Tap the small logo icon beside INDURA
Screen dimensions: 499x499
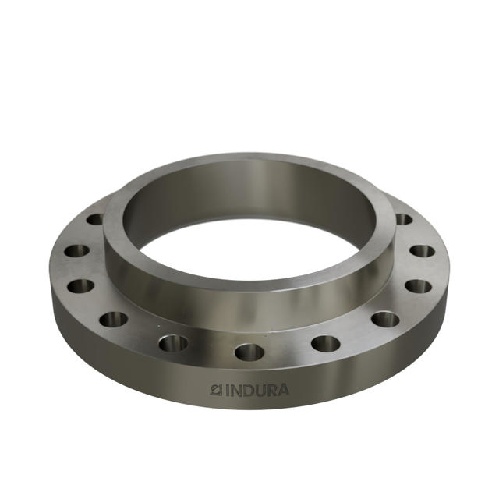click(218, 389)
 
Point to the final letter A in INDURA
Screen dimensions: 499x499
click(281, 389)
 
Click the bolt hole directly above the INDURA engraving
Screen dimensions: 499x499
click(249, 352)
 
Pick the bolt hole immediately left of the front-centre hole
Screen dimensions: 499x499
click(173, 342)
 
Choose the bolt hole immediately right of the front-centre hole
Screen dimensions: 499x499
click(325, 342)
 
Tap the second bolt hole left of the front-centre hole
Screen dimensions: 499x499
click(113, 319)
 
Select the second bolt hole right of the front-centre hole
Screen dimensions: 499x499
click(385, 319)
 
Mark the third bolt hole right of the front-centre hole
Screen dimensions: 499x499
click(419, 285)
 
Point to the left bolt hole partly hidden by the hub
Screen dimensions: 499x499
click(95, 220)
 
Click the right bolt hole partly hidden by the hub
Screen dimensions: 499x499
click(403, 219)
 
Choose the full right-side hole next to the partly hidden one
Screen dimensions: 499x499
click(422, 251)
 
